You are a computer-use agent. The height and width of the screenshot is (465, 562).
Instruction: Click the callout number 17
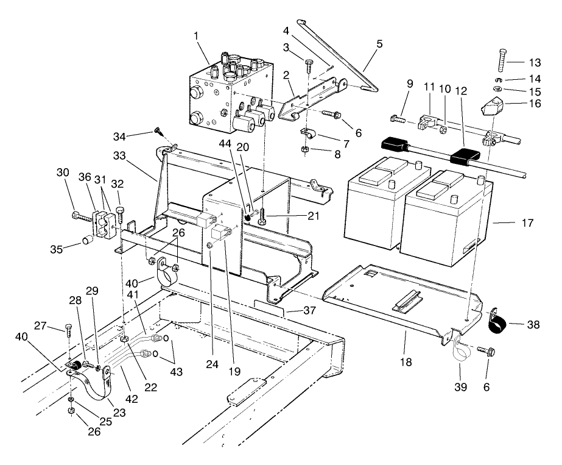[527, 224]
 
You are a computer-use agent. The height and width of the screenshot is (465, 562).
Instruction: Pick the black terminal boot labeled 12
[463, 158]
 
